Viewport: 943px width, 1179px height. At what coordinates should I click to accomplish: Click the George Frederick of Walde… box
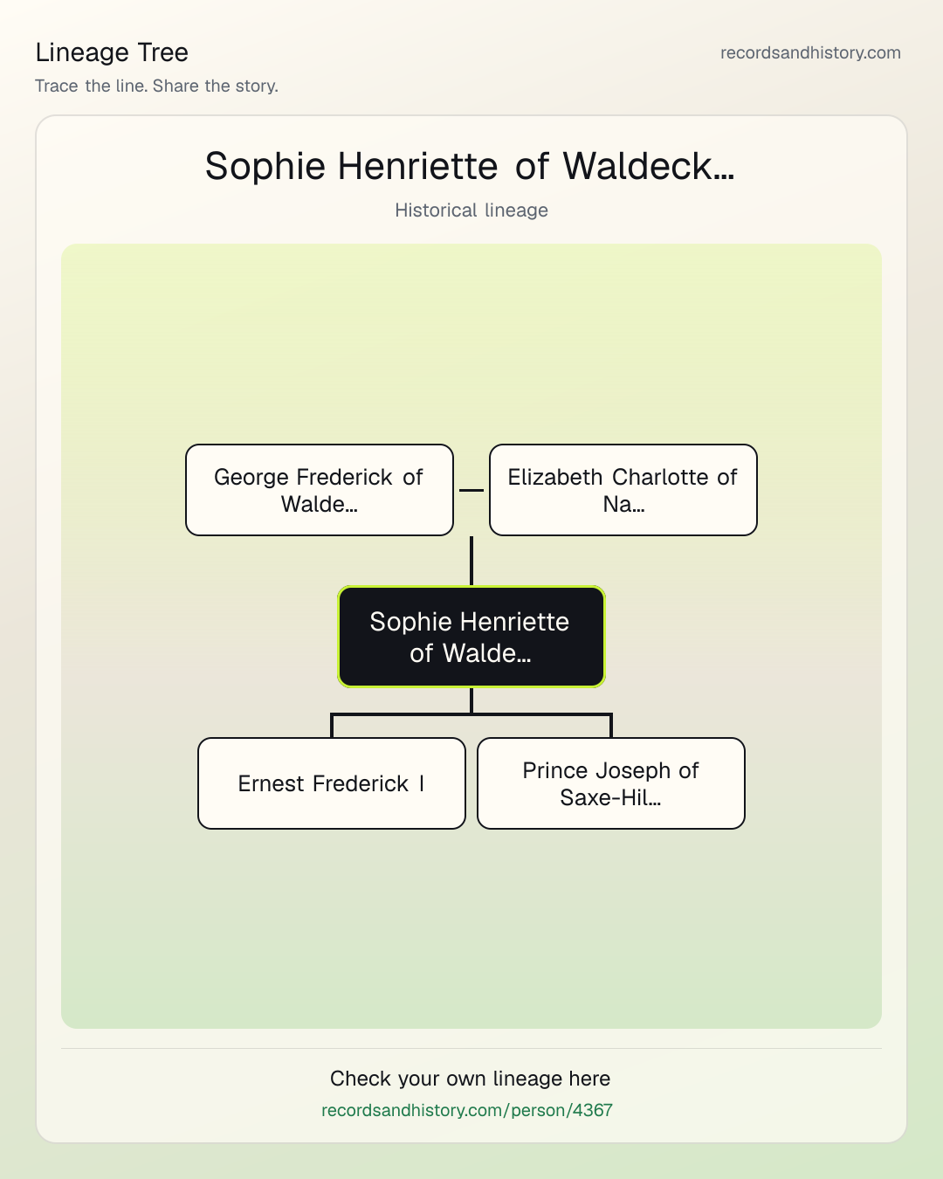coord(320,490)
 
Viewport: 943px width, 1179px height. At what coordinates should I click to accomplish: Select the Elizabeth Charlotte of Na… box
coord(623,490)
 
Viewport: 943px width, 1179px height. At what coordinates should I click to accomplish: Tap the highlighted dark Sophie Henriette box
coord(471,637)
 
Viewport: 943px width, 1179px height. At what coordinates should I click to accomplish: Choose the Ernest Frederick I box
coord(332,783)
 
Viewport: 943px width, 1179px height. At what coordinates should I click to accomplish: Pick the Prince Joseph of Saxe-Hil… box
coord(611,783)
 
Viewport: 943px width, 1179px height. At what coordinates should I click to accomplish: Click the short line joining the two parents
coord(471,490)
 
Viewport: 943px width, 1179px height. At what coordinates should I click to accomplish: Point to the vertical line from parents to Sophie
coord(471,561)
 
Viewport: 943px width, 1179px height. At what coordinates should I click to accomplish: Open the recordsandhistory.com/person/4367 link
coord(467,1110)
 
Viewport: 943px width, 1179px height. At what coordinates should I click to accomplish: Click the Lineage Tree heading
coord(112,52)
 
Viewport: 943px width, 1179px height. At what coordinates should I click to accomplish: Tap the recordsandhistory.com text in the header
coord(810,52)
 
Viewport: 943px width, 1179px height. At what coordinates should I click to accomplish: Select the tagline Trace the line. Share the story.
coord(156,86)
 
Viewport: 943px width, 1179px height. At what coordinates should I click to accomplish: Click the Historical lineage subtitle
coord(471,210)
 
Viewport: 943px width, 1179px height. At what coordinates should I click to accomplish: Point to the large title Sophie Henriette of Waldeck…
coord(470,166)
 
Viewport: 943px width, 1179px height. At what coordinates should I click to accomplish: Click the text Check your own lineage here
coord(470,1079)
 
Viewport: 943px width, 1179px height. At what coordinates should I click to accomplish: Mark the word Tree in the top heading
coord(162,52)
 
